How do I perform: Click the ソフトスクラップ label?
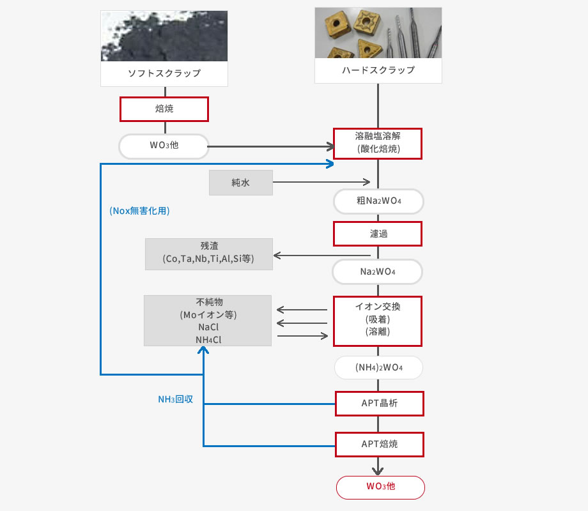coord(164,73)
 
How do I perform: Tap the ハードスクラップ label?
coord(378,70)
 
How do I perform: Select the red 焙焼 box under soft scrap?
coord(164,109)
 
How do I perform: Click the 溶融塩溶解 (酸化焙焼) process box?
coord(378,144)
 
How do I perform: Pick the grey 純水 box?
coord(241,183)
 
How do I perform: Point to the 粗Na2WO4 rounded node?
coord(378,201)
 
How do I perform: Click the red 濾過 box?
coord(378,234)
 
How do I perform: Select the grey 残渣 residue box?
coord(209,254)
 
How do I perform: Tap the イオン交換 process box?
coord(378,321)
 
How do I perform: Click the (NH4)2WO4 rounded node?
coord(378,367)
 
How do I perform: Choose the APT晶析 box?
coord(380,404)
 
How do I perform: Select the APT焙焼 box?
coord(380,445)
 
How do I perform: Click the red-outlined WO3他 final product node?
coord(381,487)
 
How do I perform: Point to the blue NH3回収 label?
coord(176,399)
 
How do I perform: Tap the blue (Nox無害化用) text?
coord(139,211)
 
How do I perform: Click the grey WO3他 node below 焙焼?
coord(164,146)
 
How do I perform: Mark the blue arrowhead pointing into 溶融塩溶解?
coord(330,164)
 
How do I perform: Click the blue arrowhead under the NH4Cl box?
coord(203,350)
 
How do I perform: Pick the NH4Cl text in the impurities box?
coord(208,340)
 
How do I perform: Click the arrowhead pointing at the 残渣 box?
coord(277,256)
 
